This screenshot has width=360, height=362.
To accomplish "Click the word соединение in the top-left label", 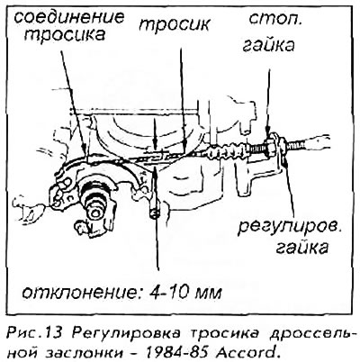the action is click(69, 17).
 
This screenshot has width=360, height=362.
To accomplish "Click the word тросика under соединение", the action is click(65, 34).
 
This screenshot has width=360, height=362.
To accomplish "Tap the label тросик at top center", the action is click(174, 24).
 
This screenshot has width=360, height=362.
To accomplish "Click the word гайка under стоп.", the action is click(268, 46).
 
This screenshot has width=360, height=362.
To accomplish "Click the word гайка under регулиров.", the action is click(301, 248).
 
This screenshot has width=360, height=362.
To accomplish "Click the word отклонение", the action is click(81, 292).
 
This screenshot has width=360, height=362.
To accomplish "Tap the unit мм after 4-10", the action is click(209, 293).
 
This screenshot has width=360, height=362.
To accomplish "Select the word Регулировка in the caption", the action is click(127, 333).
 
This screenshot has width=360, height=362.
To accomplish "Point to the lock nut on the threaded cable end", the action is click(271, 145).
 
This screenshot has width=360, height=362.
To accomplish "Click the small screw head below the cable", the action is click(155, 214).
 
